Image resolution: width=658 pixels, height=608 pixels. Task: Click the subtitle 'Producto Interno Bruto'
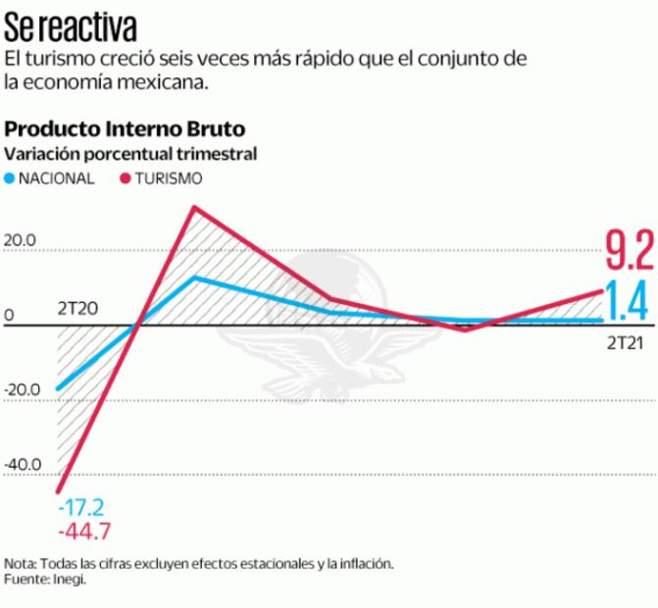126,129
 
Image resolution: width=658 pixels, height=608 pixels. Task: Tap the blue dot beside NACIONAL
11,178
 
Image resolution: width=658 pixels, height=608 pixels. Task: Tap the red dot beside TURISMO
126,178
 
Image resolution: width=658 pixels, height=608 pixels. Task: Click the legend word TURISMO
170,178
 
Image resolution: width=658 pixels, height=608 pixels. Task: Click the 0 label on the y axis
9,316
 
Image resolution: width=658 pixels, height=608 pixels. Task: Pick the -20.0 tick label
21,390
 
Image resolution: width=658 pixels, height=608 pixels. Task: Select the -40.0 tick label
21,465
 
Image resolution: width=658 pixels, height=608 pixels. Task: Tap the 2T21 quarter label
625,343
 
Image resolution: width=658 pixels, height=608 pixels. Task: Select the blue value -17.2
82,507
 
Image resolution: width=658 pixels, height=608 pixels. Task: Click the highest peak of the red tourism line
196,207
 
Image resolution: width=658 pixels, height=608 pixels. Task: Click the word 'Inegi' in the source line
70,580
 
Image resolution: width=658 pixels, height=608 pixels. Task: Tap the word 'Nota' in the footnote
18,564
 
